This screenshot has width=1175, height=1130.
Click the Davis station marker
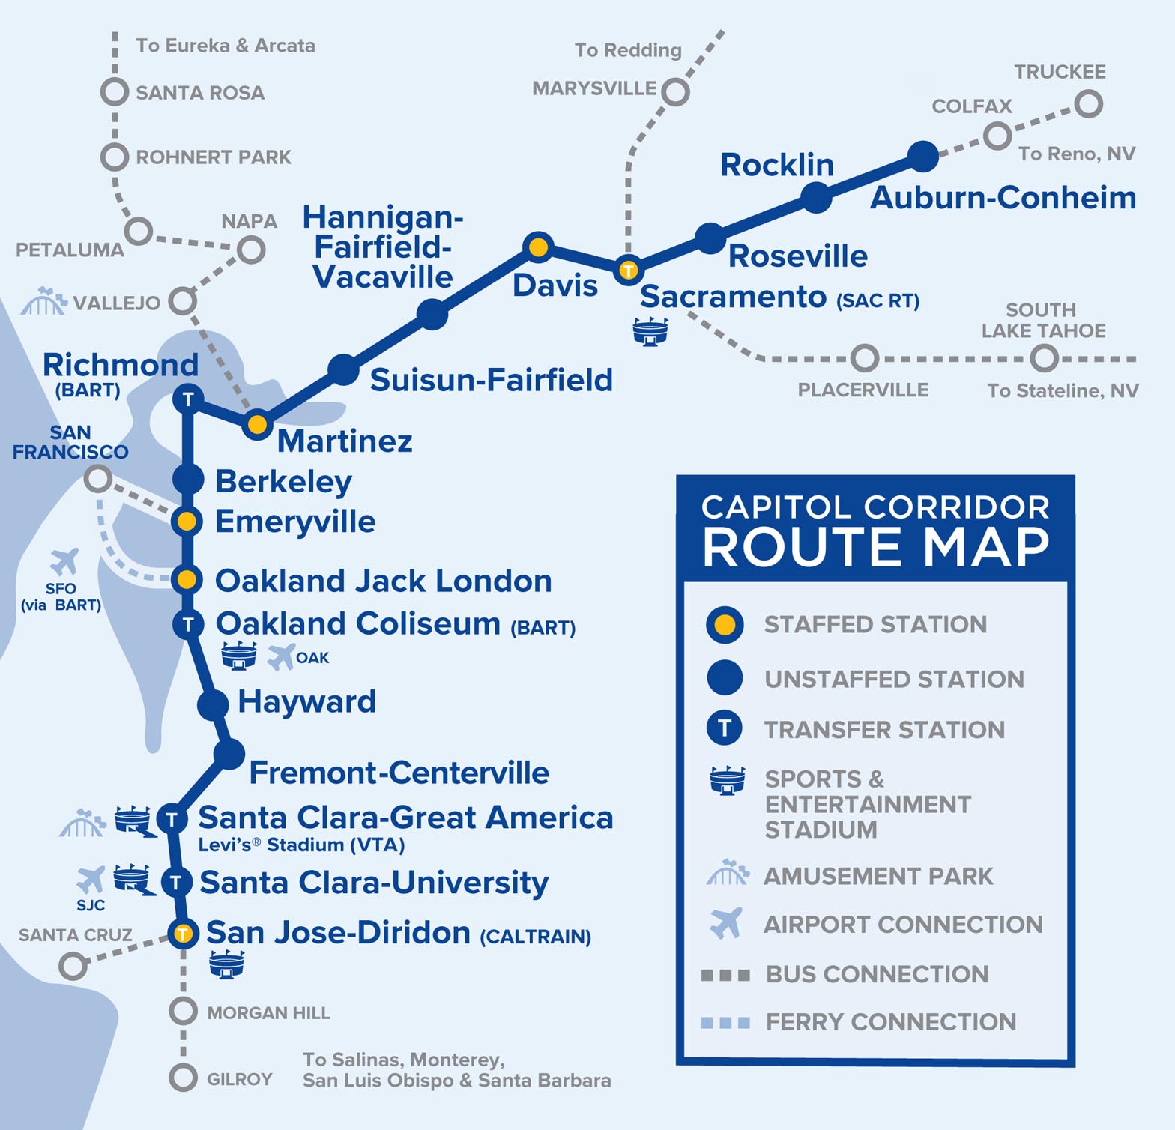(x=538, y=247)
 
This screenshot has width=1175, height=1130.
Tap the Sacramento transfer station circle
(x=628, y=270)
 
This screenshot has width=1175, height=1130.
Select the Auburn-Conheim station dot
(x=922, y=156)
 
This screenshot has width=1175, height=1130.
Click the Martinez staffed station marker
(x=257, y=425)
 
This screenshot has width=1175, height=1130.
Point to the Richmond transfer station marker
(x=188, y=399)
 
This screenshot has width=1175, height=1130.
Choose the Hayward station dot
(x=213, y=704)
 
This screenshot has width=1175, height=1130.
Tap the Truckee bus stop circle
(x=1088, y=103)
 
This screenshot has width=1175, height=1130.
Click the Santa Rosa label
(x=199, y=93)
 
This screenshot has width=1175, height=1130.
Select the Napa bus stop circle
(x=251, y=249)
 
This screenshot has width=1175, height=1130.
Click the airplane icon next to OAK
(x=281, y=657)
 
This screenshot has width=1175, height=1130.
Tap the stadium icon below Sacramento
(x=650, y=330)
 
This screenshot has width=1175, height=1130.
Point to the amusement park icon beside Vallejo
(x=43, y=301)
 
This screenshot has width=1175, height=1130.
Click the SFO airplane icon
(x=64, y=561)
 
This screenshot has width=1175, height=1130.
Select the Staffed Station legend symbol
(x=725, y=625)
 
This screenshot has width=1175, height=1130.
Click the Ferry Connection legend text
(x=890, y=1022)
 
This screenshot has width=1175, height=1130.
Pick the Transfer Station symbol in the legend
(x=725, y=728)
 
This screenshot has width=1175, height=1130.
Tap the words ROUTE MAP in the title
(x=875, y=547)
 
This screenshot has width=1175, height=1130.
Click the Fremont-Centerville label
(x=399, y=773)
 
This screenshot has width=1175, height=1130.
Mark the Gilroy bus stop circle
(x=183, y=1078)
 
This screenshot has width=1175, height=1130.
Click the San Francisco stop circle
(x=97, y=478)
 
